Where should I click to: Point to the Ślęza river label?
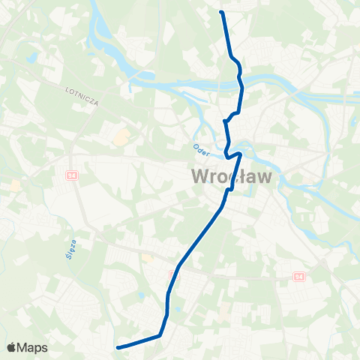point(64,247)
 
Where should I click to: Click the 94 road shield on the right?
point(299,277)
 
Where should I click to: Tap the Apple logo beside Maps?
point(11,347)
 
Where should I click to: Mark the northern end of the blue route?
point(221,12)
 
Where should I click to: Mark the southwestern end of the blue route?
point(118,346)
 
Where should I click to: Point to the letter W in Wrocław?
point(202,177)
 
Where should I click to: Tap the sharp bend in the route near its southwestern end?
point(160,335)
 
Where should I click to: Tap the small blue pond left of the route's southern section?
point(140,295)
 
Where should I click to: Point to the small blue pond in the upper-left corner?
point(31,57)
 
